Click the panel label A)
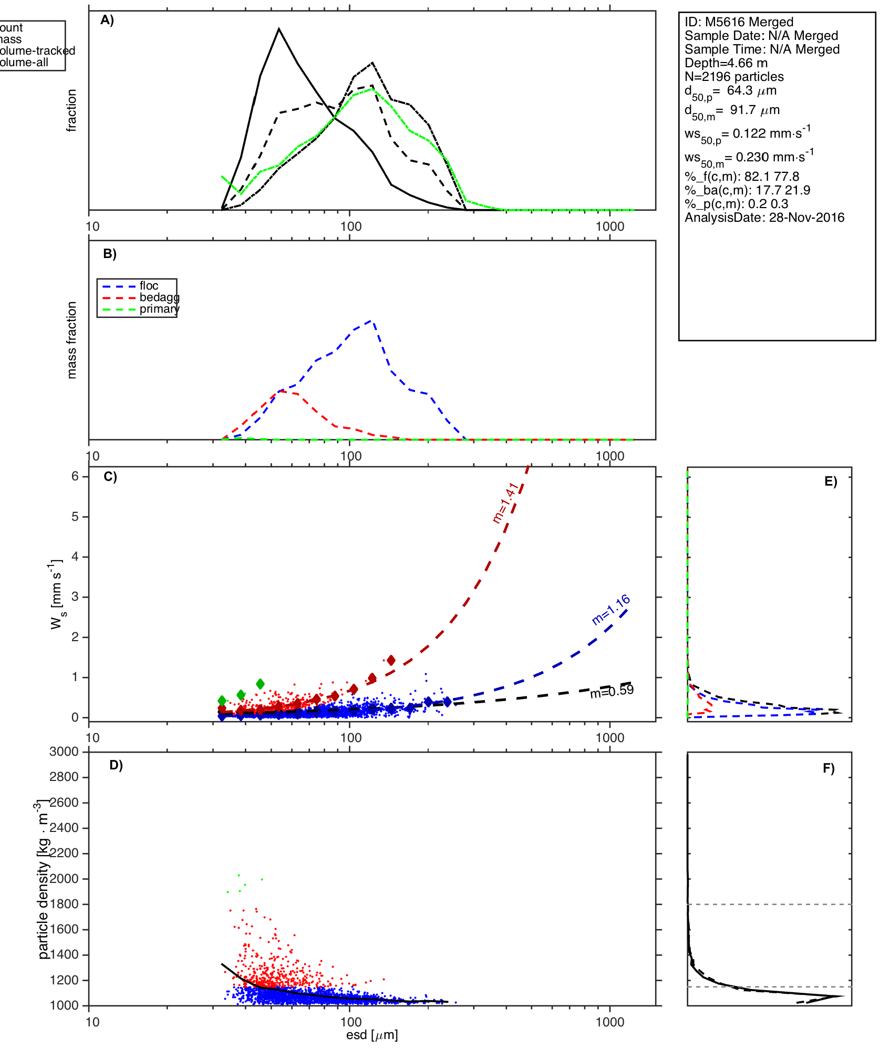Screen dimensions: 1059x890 click(x=107, y=20)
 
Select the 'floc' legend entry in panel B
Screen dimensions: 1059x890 click(x=149, y=286)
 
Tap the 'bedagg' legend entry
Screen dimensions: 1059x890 click(x=159, y=297)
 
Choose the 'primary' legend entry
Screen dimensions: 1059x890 click(x=159, y=309)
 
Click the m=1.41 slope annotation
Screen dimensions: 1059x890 click(x=505, y=503)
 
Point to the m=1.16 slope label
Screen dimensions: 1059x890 click(x=610, y=610)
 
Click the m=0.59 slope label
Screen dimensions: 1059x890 click(x=612, y=691)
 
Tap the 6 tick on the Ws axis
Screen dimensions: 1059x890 click(x=75, y=476)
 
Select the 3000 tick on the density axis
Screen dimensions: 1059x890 click(x=64, y=752)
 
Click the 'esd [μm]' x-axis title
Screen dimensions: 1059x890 click(x=372, y=1035)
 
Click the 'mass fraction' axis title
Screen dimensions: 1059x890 click(x=72, y=340)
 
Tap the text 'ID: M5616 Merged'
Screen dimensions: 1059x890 click(x=739, y=22)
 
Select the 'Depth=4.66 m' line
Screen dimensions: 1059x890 click(x=726, y=63)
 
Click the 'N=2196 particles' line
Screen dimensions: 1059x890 click(x=734, y=77)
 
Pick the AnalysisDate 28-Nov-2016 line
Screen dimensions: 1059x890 click(x=764, y=218)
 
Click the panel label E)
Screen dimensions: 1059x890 click(x=831, y=482)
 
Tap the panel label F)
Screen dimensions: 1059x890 click(x=829, y=768)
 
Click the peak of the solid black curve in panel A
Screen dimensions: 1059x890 click(x=279, y=29)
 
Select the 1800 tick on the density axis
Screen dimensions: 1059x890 click(x=64, y=904)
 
